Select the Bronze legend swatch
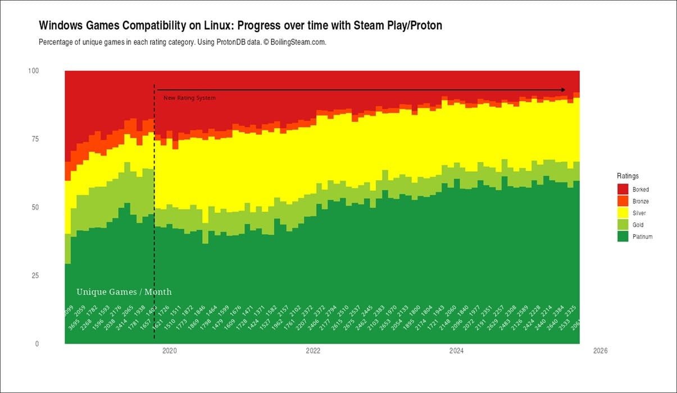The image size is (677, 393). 623,202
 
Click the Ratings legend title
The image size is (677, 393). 628,176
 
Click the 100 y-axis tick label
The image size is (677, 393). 33,71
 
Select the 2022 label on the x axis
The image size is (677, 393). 313,351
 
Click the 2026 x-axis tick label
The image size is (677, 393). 600,351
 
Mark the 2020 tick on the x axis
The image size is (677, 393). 169,351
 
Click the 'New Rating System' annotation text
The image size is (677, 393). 189,98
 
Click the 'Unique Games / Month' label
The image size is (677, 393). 124,292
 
